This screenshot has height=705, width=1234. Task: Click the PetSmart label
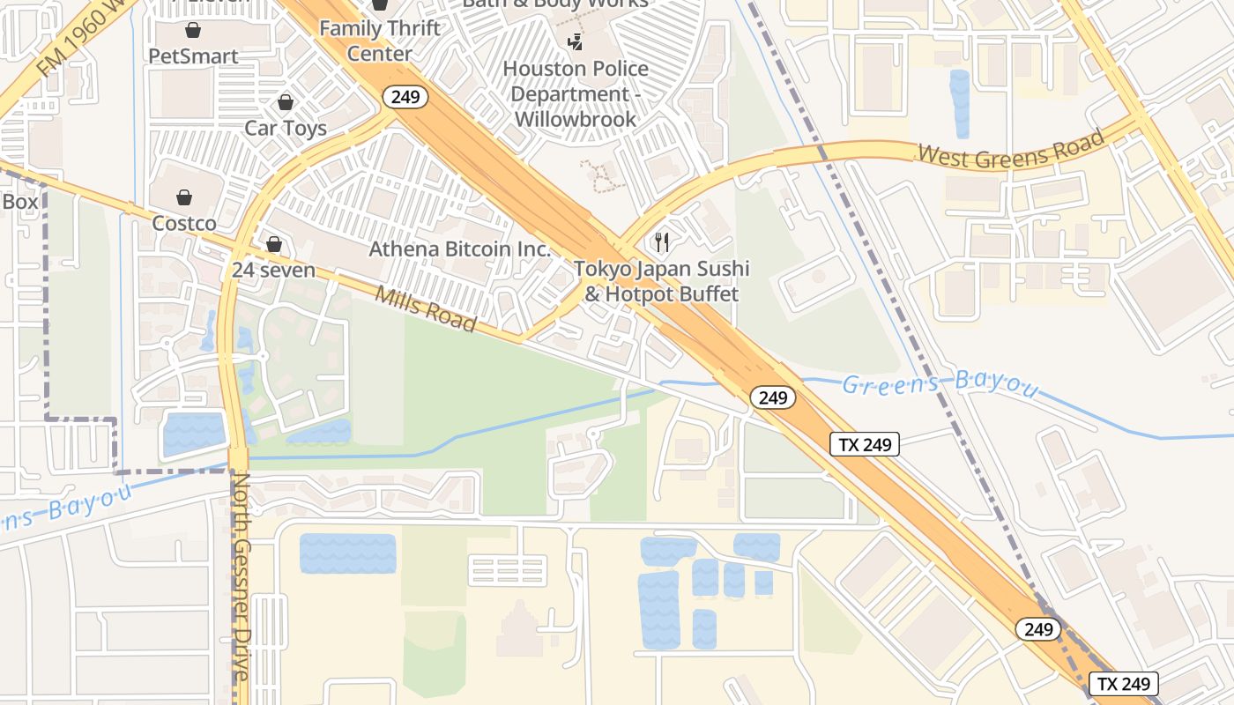pos(193,56)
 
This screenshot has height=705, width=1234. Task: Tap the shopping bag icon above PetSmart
pos(193,31)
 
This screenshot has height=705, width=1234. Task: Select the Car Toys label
pos(285,128)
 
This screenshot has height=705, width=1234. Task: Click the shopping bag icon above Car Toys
pos(285,103)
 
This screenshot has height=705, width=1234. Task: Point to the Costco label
pos(184,223)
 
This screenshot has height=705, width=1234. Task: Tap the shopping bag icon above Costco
pos(184,197)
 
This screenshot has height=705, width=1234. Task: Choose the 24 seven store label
pos(273,270)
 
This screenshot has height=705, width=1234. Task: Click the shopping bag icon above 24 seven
pos(274,244)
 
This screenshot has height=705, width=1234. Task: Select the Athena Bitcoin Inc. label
pos(459,249)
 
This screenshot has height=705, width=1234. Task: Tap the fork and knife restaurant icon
pos(662,241)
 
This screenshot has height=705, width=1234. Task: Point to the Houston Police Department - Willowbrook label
pos(575,93)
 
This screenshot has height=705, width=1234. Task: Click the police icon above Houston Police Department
pos(576,41)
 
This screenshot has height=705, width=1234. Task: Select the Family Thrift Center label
pos(379,41)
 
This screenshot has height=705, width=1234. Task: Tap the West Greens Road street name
pos(1010,148)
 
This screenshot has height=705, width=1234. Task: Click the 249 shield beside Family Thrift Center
pos(405,96)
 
